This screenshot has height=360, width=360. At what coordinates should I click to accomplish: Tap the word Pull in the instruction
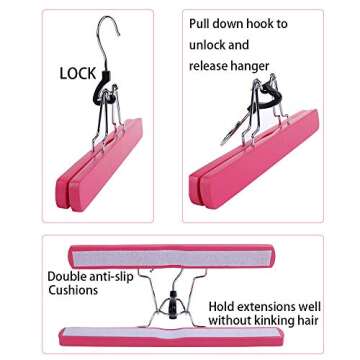coord(203,23)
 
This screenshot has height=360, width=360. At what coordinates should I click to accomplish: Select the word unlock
coord(210,45)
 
